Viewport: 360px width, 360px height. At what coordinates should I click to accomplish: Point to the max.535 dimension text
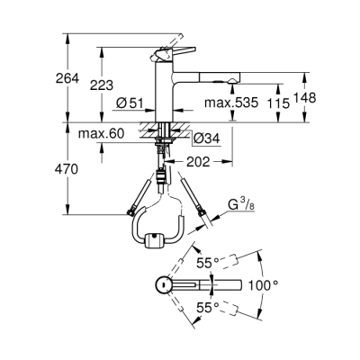[233, 102]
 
